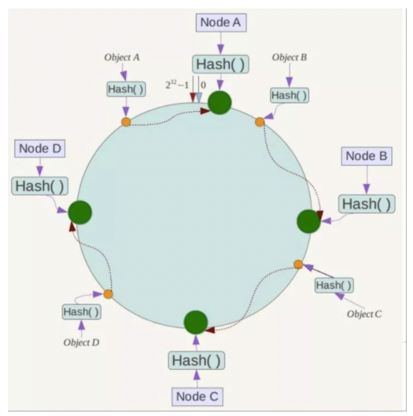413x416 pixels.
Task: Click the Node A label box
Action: click(220, 22)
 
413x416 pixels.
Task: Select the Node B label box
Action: click(367, 156)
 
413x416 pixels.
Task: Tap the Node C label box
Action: click(197, 396)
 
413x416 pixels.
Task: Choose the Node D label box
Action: click(39, 149)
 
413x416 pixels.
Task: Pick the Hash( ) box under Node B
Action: click(366, 204)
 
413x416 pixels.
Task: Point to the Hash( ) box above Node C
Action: click(196, 361)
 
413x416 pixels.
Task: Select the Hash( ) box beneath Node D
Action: click(39, 186)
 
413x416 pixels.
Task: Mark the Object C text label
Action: click(364, 313)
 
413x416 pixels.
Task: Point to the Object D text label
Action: click(81, 342)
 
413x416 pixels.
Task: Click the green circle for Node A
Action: click(220, 102)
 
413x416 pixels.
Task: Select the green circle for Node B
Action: click(309, 221)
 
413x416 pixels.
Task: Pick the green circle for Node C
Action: click(196, 322)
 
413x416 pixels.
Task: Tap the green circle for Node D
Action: click(80, 212)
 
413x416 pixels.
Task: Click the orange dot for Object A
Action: click(126, 122)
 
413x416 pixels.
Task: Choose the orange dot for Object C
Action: click(298, 264)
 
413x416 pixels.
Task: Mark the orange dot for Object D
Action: click(108, 294)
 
